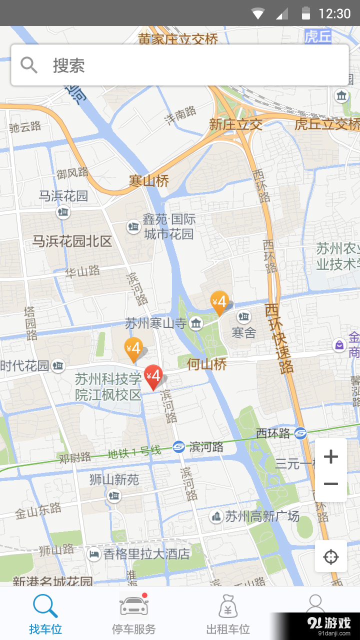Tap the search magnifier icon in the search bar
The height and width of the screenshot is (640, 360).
point(29,65)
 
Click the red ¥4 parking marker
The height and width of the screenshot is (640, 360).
point(153,376)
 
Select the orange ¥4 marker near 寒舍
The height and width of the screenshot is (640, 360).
point(219,302)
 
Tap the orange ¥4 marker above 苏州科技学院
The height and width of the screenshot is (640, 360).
point(133,349)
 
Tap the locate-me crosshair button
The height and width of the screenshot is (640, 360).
point(331,556)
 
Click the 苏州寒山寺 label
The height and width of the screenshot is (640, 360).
point(155,323)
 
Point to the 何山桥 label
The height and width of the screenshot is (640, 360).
point(207,364)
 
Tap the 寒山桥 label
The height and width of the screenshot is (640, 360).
point(149,181)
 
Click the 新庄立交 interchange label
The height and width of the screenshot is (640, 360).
point(235,124)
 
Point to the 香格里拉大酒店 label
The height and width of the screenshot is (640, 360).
point(146,554)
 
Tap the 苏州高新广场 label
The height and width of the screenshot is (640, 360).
point(262,516)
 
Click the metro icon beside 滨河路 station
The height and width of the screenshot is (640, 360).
point(178,447)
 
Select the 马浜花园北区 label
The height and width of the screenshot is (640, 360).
point(72,241)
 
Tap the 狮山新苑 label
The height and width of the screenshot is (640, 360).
point(114,480)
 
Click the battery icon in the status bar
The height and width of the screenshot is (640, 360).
point(306,13)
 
